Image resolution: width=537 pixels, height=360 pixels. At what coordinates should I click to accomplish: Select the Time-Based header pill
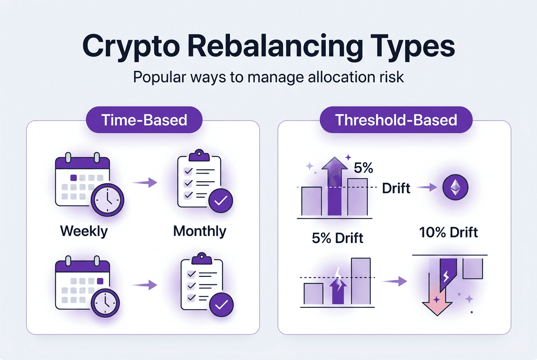[x=144, y=120]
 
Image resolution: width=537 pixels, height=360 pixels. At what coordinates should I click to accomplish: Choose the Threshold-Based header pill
[x=396, y=120]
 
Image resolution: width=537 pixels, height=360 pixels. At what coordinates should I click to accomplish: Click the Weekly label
[x=84, y=231]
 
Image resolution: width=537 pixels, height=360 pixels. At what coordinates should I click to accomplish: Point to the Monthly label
[x=200, y=231]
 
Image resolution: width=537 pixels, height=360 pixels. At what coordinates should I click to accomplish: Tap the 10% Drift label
[x=448, y=232]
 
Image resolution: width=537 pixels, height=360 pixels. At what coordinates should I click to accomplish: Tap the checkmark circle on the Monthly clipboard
[x=221, y=201]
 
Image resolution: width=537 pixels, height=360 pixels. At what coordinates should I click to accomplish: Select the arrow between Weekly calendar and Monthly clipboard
[x=145, y=183]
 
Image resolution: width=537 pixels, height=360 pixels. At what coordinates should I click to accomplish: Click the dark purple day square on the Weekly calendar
[x=73, y=178]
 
